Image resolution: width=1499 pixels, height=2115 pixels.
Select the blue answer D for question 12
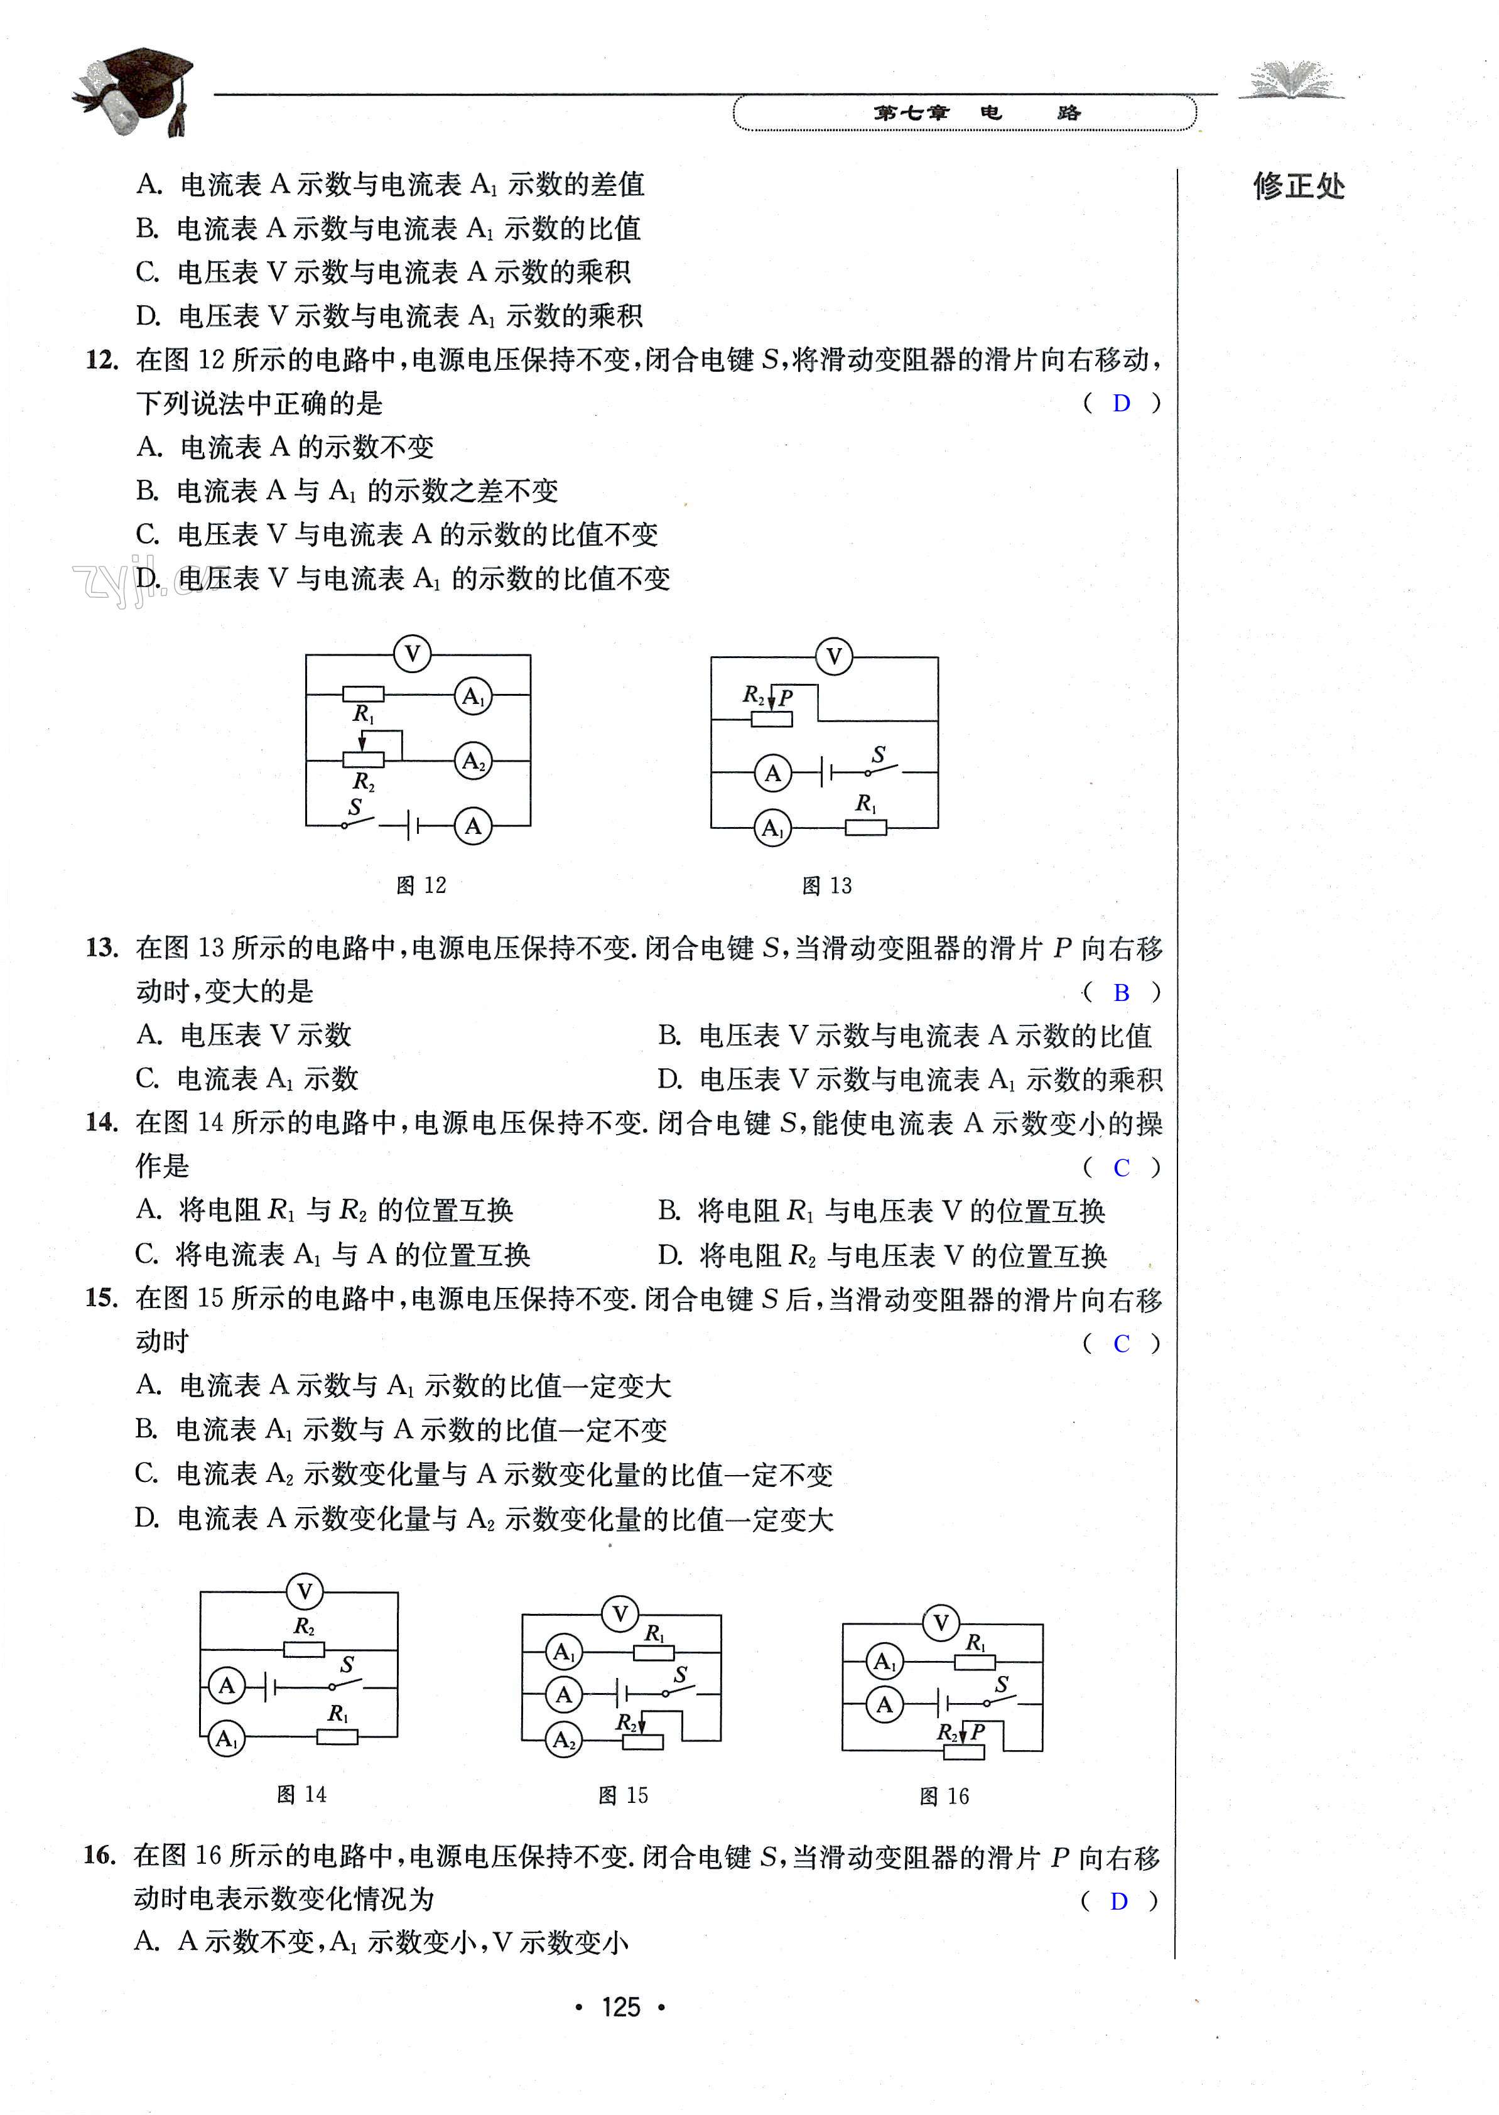coord(1122,403)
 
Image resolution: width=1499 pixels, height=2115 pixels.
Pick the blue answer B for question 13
coord(1122,993)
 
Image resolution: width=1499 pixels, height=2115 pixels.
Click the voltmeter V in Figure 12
coord(412,655)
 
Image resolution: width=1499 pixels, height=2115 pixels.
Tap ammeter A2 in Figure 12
coord(474,761)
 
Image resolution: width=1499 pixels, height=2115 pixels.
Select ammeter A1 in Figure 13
coord(772,828)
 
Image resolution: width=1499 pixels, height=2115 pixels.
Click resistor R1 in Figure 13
coord(867,827)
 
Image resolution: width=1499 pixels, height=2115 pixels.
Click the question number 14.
coord(102,1123)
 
